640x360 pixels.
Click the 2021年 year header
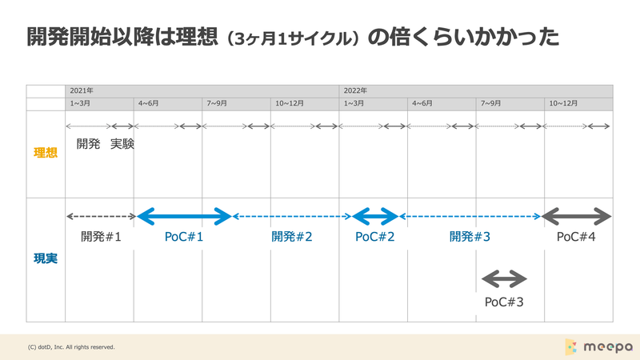(82, 90)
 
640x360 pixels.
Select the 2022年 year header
(355, 90)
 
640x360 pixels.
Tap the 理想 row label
(46, 153)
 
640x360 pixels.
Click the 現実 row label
(46, 258)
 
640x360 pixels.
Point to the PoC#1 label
(184, 237)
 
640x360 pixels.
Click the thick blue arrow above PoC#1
(184, 216)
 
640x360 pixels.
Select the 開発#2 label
(292, 237)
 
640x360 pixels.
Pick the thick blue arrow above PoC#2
(374, 216)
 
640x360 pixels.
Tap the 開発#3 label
(470, 237)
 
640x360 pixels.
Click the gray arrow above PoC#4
(576, 216)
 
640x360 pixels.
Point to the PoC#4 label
(576, 237)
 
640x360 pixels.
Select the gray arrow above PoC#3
(504, 279)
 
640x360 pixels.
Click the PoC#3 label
(504, 302)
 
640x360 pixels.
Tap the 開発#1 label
(101, 237)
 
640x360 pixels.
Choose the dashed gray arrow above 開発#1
(102, 216)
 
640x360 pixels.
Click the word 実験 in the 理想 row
(122, 144)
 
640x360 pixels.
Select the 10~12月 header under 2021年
(290, 104)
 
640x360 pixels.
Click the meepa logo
(598, 347)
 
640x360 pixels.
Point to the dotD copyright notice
(71, 347)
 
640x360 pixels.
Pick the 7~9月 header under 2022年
(490, 104)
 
